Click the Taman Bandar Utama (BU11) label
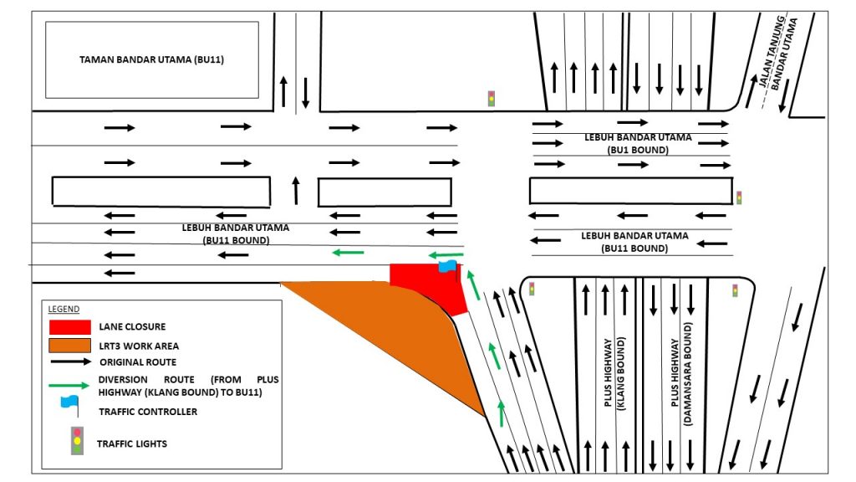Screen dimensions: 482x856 tap(151, 60)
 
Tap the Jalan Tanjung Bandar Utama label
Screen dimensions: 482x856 tap(778, 54)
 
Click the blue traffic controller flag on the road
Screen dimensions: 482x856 tap(447, 266)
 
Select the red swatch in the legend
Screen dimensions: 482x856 tap(69, 326)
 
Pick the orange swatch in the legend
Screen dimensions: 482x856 tap(69, 345)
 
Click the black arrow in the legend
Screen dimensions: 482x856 tap(69, 362)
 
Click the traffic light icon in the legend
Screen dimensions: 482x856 tap(77, 441)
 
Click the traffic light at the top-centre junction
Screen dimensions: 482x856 tap(492, 98)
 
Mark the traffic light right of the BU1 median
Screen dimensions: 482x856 tap(738, 198)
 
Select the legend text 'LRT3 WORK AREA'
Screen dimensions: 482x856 tap(139, 346)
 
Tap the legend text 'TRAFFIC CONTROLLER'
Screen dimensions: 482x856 tap(147, 412)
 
